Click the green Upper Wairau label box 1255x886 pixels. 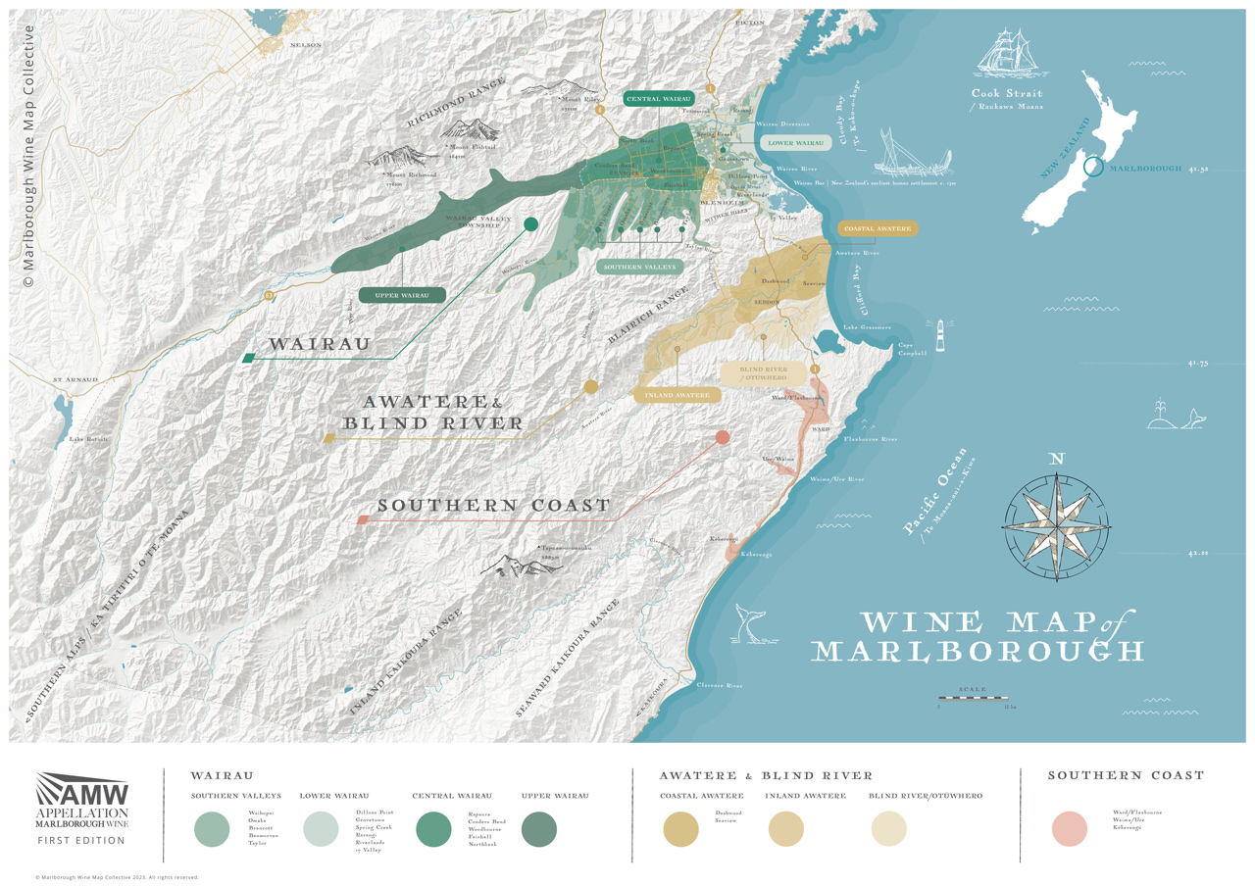pyautogui.click(x=402, y=295)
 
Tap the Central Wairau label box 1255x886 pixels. pyautogui.click(x=659, y=99)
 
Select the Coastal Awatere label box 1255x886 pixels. pyautogui.click(x=878, y=228)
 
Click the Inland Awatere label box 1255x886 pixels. pyautogui.click(x=677, y=395)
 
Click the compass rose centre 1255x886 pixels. pyautogui.click(x=1056, y=517)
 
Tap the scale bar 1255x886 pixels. pyautogui.click(x=972, y=698)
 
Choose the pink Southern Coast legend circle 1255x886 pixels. pyautogui.click(x=1070, y=828)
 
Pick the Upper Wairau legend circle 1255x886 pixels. pyautogui.click(x=538, y=829)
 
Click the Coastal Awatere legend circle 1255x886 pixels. pyautogui.click(x=680, y=829)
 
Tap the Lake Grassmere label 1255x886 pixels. pyautogui.click(x=867, y=327)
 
